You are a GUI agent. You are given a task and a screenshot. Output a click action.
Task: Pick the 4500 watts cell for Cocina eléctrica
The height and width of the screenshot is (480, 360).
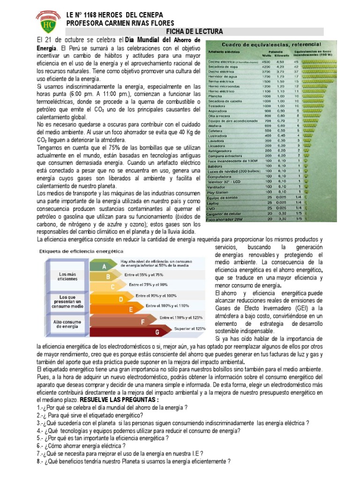266,61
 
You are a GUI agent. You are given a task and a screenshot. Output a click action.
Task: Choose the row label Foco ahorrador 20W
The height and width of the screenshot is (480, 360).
224,218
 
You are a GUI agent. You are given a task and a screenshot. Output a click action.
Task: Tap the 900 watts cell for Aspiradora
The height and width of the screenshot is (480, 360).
268,111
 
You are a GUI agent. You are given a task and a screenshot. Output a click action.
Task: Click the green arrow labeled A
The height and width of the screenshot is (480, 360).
104,266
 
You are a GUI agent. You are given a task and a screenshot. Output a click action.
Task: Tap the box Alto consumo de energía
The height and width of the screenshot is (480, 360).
66,325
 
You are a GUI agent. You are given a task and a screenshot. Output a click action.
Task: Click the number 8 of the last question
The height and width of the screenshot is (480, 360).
38,461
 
